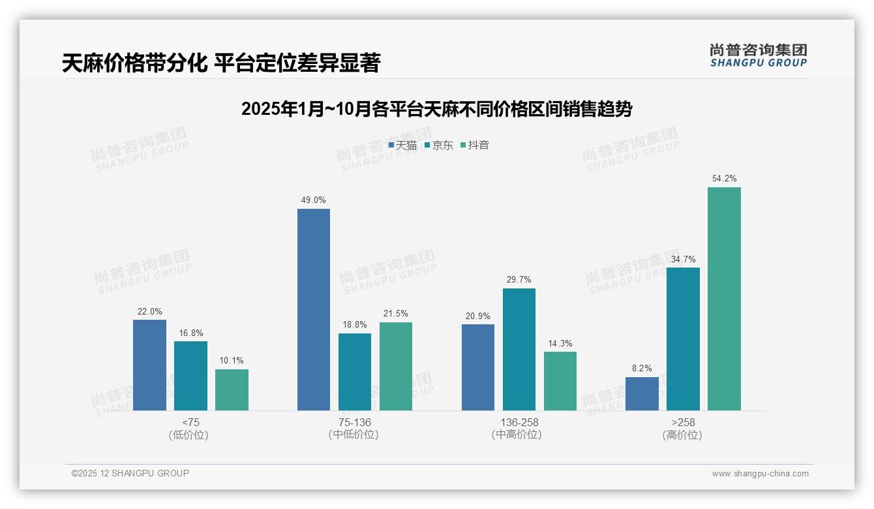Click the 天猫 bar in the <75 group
(x=149, y=365)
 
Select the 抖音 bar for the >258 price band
(x=724, y=299)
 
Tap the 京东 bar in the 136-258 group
(x=519, y=349)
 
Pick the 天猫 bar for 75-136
(x=314, y=309)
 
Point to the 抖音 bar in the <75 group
(x=232, y=390)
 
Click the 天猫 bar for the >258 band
(x=642, y=393)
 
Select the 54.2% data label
(x=725, y=178)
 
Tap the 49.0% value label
(x=314, y=200)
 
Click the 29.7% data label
(x=519, y=279)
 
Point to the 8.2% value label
(x=642, y=368)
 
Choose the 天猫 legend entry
(x=402, y=146)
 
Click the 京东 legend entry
(x=438, y=146)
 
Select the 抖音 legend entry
(x=475, y=146)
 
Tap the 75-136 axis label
(x=354, y=422)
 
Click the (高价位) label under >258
(x=682, y=435)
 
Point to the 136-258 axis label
(x=519, y=422)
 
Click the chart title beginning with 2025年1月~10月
(x=436, y=109)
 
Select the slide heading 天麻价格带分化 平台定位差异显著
(x=221, y=63)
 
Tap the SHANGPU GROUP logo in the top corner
(x=758, y=55)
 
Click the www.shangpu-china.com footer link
(x=760, y=474)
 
